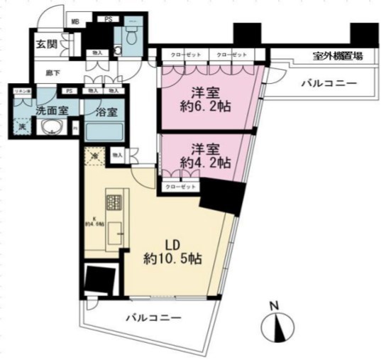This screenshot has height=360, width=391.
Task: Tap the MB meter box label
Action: tap(74, 21)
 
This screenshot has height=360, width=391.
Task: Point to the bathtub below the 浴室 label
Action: tap(104, 131)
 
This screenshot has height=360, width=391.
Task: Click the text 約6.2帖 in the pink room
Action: tap(206, 107)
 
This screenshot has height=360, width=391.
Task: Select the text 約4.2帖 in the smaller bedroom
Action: tap(205, 162)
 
